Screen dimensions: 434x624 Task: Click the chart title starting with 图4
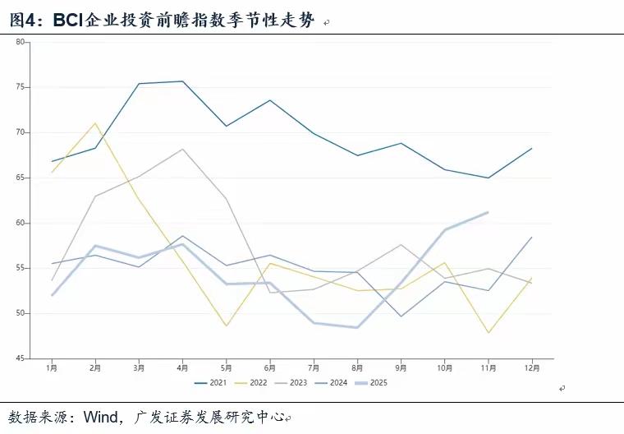point(161,20)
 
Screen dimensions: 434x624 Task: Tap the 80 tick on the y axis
point(21,41)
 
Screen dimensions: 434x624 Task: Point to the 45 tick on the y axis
point(21,359)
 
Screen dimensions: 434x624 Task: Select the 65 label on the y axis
point(21,178)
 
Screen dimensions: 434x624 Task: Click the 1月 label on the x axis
point(52,368)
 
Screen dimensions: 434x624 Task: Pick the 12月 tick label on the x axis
point(532,368)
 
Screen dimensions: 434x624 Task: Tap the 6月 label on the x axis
point(270,368)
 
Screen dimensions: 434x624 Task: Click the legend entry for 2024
point(334,382)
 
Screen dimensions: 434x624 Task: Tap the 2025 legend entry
point(374,382)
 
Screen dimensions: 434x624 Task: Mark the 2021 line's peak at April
point(182,81)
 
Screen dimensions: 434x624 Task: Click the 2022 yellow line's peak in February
point(95,123)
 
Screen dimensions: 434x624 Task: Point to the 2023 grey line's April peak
point(182,149)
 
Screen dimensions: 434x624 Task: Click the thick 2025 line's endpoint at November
point(489,212)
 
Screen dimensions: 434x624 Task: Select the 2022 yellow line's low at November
point(489,333)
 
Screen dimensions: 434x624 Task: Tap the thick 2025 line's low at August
point(357,328)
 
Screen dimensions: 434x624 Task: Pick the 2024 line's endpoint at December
point(532,237)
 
